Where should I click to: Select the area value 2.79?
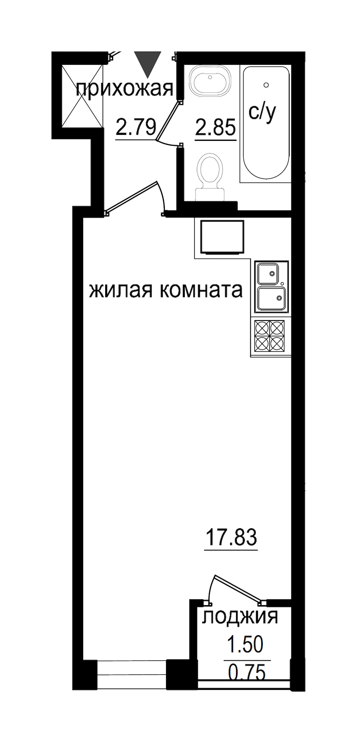coord(136,127)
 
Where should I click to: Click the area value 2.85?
coord(215,128)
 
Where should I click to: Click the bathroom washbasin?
coord(210,81)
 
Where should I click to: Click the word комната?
coord(201,291)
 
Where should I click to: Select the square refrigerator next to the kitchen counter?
coord(222,237)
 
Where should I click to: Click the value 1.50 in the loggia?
coord(245,644)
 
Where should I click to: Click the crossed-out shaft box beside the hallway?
coord(82,95)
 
